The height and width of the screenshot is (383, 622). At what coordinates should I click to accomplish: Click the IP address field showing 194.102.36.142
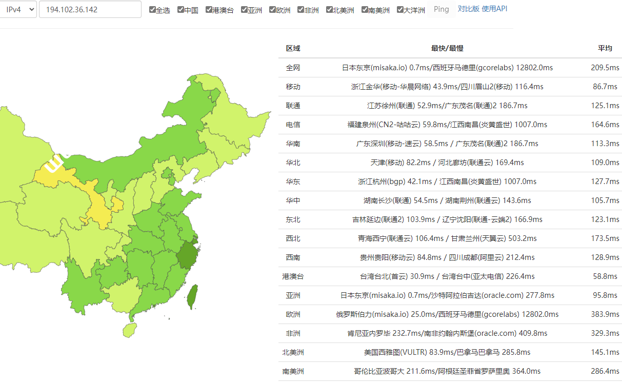point(90,9)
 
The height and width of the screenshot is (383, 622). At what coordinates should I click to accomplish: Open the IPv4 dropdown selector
point(18,9)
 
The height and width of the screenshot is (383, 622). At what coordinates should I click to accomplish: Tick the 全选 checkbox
point(152,10)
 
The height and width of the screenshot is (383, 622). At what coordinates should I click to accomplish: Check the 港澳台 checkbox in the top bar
point(209,10)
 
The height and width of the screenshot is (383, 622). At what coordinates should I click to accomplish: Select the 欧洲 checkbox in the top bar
point(272,10)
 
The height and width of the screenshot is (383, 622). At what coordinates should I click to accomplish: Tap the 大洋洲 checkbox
point(400,10)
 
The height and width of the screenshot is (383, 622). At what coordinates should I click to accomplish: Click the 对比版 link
point(468,9)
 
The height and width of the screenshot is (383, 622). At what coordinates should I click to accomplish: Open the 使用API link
point(494,9)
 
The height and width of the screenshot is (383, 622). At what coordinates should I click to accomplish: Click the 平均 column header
point(605,48)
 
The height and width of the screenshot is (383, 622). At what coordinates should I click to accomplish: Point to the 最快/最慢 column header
point(447,48)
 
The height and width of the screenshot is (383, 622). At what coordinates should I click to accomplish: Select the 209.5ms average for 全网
point(605,68)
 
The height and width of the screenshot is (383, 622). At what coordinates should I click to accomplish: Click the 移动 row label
point(293,87)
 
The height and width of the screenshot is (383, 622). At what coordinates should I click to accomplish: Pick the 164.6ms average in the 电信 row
point(605,125)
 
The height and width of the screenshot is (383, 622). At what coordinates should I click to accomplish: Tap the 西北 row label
point(293,238)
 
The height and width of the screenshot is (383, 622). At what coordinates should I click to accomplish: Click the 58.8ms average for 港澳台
point(605,276)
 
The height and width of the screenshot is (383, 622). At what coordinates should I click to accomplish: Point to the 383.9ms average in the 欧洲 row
point(605,314)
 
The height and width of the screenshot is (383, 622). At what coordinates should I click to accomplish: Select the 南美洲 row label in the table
point(293,371)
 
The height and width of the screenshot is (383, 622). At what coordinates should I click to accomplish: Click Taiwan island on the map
point(192,297)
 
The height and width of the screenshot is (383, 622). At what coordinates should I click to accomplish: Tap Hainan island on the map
point(131,329)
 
